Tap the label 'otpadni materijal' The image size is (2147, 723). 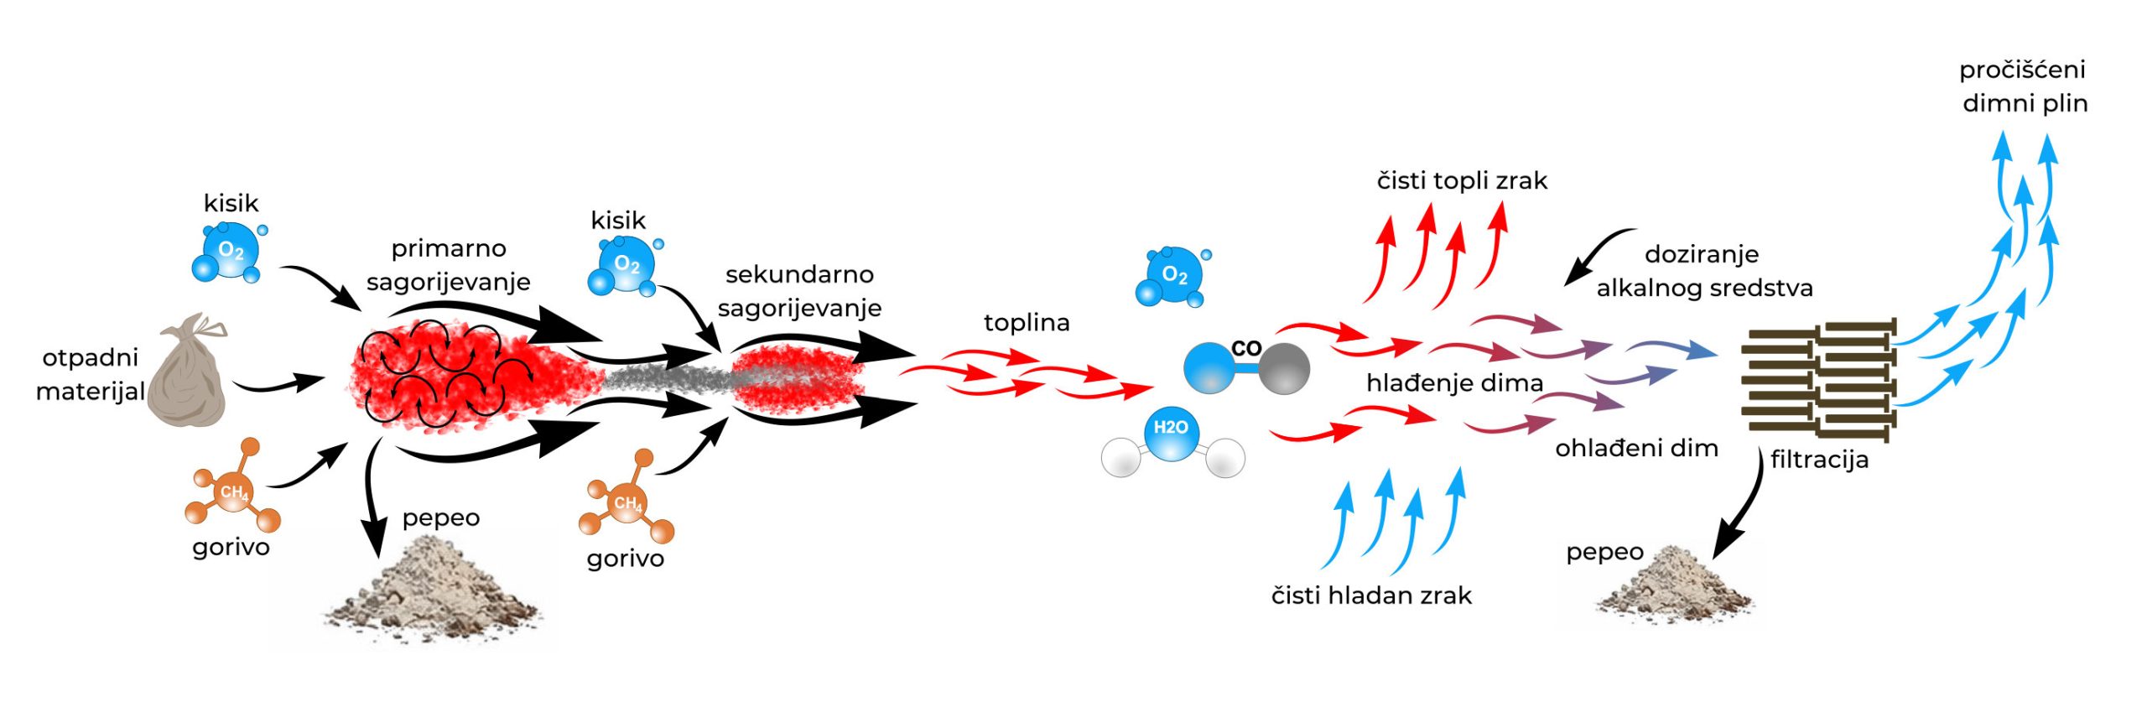coord(90,374)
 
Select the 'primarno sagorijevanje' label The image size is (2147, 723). coord(448,265)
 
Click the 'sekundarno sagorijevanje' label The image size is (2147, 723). coord(799,291)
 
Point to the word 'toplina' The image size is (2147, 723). coord(1026,323)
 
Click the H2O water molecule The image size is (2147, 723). coord(1171,439)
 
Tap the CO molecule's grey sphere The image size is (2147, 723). coord(1283,368)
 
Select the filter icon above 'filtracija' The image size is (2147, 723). coord(1818,379)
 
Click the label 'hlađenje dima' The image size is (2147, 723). coord(1454,383)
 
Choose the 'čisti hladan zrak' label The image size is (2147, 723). coord(1371,596)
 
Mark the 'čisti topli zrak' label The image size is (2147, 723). coord(1461,181)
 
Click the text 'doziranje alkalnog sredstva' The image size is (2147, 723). coord(1703,271)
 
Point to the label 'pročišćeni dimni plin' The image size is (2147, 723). coord(2023,86)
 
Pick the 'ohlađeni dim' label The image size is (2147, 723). coord(1635,449)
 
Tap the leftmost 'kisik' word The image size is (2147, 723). coord(231,204)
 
